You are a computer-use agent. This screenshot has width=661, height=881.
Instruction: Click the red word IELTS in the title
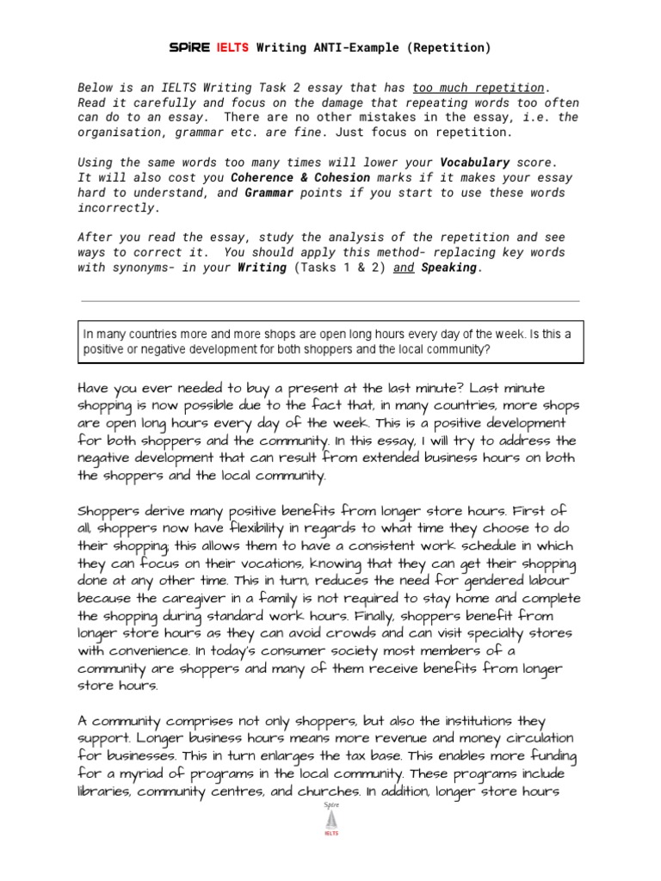232,48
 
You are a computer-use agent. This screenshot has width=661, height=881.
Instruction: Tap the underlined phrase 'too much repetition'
478,88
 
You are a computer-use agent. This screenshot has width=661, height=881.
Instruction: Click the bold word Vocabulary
474,162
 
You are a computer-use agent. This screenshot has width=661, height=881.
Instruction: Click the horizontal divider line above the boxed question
330,301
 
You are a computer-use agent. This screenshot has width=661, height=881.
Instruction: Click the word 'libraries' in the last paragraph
106,791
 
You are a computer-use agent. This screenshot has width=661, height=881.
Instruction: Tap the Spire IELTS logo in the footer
330,822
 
